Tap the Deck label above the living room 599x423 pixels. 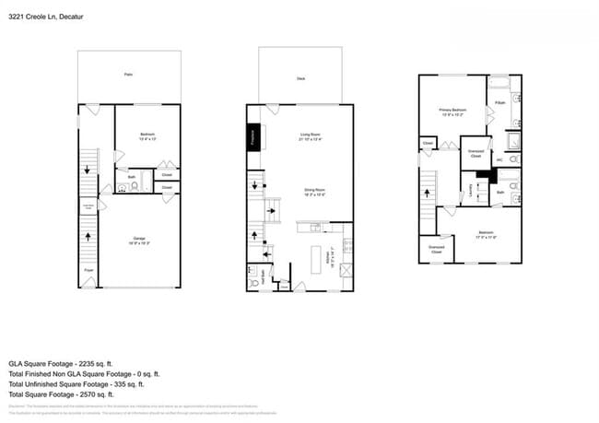coord(300,79)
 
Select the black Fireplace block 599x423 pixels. coord(253,136)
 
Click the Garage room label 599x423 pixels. coord(141,240)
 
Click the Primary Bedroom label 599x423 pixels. coord(452,112)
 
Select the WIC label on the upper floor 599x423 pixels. coord(499,159)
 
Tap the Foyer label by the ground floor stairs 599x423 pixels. coord(89,270)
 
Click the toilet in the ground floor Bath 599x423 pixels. coord(135,184)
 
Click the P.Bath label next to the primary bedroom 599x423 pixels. coord(499,101)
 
